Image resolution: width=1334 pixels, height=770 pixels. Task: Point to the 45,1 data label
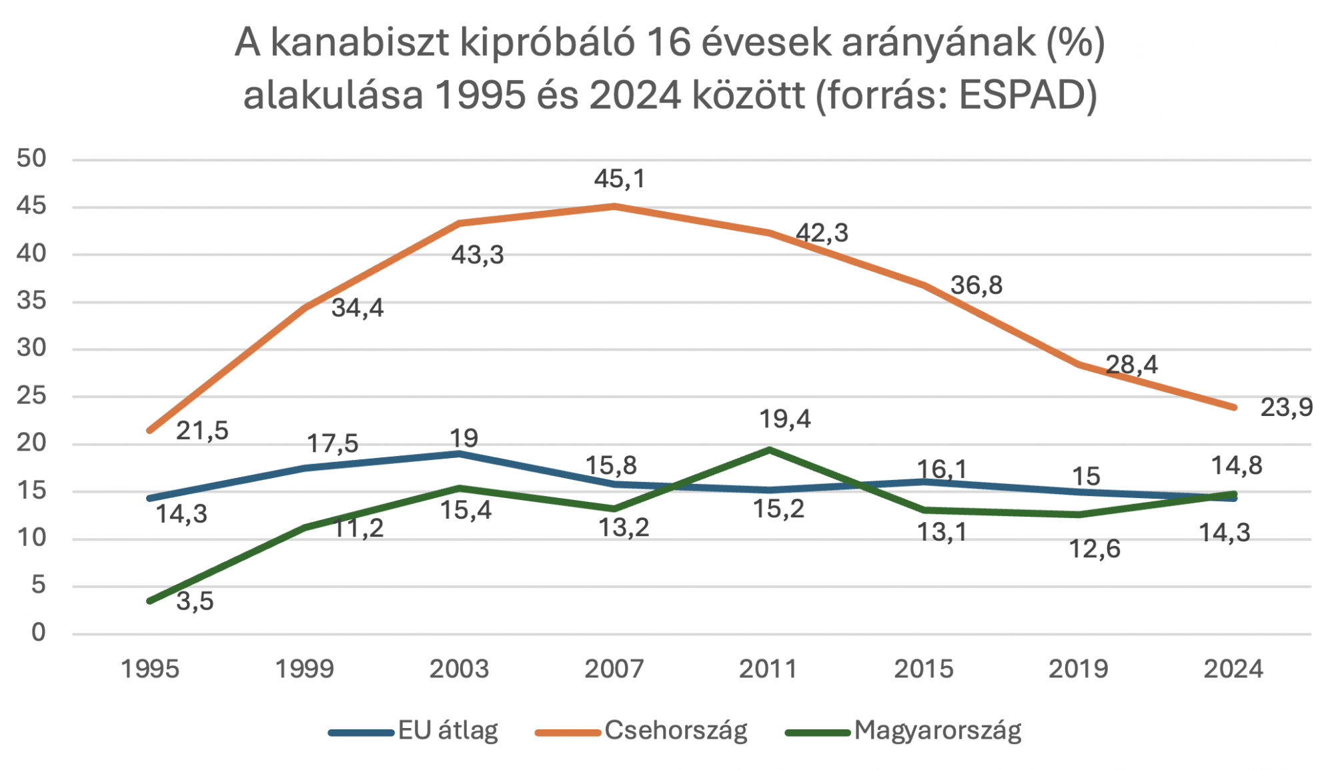pyautogui.click(x=620, y=179)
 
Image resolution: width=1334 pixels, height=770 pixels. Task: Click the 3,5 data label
pyautogui.click(x=195, y=601)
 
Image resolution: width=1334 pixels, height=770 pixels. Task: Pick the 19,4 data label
pyautogui.click(x=785, y=419)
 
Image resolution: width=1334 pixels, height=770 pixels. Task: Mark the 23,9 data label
pyautogui.click(x=1286, y=407)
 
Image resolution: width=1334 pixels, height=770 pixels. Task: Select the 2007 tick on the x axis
pyautogui.click(x=614, y=669)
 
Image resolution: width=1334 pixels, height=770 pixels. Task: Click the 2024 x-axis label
pyautogui.click(x=1233, y=669)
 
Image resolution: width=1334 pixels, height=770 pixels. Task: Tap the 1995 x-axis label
pyautogui.click(x=150, y=669)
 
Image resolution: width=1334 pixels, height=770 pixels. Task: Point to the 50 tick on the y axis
pyautogui.click(x=31, y=159)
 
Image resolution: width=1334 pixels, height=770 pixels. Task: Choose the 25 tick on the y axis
pyautogui.click(x=31, y=396)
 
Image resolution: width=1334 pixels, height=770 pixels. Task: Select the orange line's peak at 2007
pyautogui.click(x=614, y=206)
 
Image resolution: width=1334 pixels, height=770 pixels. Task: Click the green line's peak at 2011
pyautogui.click(x=769, y=450)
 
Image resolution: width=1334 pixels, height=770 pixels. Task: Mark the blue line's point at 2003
pyautogui.click(x=459, y=454)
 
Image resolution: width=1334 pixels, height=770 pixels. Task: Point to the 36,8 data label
pyautogui.click(x=976, y=285)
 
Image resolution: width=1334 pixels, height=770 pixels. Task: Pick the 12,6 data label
pyautogui.click(x=1095, y=549)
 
